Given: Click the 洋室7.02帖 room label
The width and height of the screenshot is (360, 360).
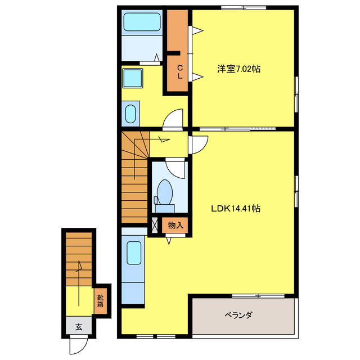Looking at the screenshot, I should (x=238, y=69).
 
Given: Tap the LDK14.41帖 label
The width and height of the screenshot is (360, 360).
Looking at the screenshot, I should (x=235, y=208).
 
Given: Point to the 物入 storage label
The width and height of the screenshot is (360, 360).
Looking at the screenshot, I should (x=175, y=226).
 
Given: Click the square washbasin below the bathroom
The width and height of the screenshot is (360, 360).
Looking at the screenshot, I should (x=133, y=78).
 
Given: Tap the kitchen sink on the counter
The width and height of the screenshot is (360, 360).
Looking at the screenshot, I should (x=134, y=253).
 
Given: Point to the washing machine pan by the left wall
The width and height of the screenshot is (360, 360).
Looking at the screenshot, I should (x=130, y=114).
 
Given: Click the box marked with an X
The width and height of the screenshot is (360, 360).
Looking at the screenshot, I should (x=155, y=226).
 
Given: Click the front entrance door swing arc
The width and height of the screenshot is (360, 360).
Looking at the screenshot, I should (x=78, y=344).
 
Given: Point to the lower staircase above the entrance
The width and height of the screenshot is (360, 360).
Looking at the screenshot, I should (x=78, y=259).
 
